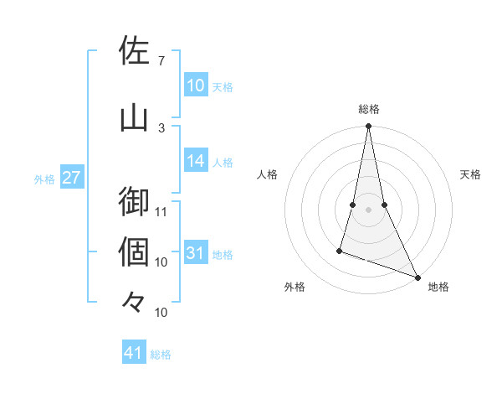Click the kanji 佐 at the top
point(134,50)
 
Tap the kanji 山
point(134,117)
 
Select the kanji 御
point(134,200)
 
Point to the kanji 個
point(134,251)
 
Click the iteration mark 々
point(134,300)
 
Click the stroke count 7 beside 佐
point(161,60)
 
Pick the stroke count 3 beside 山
point(161,127)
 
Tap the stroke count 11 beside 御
point(161,211)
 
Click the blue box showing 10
point(196,86)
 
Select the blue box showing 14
point(196,161)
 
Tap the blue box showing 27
point(72,178)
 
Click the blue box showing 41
point(134,353)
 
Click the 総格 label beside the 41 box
point(161,355)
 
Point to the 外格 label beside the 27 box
point(44,179)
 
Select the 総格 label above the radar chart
point(368,109)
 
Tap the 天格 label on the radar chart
point(470,174)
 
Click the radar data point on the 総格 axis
point(368,127)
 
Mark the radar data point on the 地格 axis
point(417,277)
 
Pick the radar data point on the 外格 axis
point(340,250)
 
